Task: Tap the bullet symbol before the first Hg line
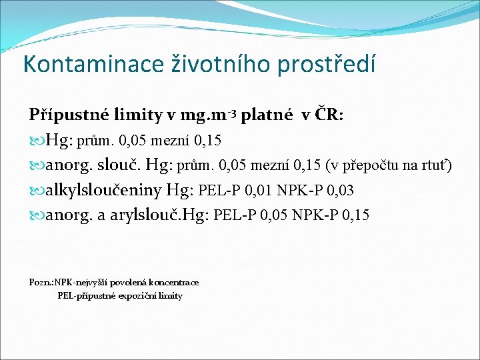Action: (36, 141)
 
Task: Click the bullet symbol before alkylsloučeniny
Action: (36, 191)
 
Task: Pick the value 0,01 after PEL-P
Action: (258, 191)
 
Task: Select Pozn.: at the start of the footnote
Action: (41, 283)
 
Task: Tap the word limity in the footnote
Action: (170, 295)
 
